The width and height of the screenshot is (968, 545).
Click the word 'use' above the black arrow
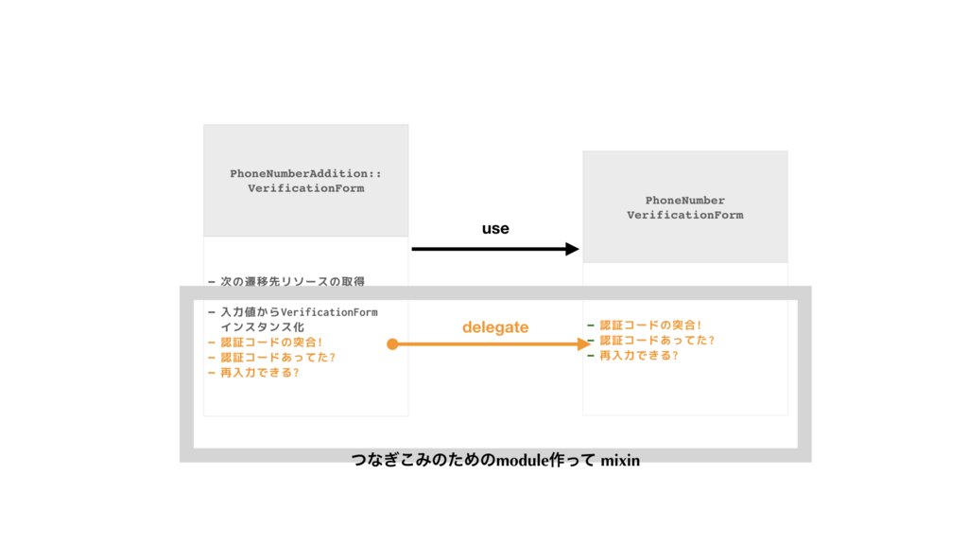click(495, 229)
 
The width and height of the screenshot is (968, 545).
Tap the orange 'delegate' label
click(495, 327)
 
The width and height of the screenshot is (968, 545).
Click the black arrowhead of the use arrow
click(572, 249)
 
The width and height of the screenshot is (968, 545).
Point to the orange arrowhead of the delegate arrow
click(584, 344)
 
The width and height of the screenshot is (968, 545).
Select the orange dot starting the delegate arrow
click(392, 344)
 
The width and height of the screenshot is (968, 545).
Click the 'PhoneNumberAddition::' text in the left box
click(305, 174)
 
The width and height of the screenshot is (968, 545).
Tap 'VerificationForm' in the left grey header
click(305, 188)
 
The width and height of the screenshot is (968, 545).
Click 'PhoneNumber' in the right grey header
click(685, 201)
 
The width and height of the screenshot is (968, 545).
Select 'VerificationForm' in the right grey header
click(685, 215)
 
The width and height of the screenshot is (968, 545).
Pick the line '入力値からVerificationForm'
click(298, 312)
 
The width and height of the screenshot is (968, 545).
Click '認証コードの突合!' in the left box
click(271, 342)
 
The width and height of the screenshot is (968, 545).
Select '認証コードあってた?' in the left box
click(278, 357)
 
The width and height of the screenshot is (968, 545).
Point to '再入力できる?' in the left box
click(260, 372)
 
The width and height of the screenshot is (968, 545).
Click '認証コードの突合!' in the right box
click(650, 325)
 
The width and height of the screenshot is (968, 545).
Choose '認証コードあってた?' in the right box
click(657, 341)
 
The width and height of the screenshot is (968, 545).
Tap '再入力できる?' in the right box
click(639, 356)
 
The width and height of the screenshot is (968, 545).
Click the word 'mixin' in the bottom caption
click(620, 461)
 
